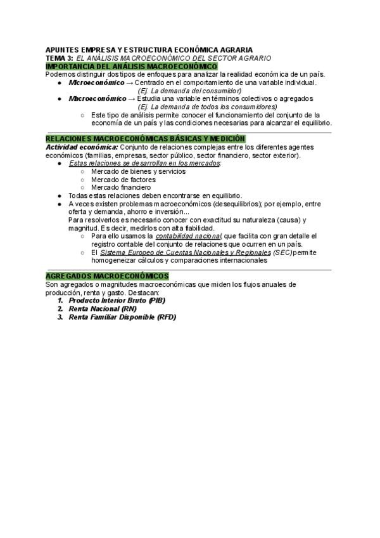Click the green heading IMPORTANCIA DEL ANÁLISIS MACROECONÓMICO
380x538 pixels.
coord(132,66)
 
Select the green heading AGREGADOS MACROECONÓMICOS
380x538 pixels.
coord(108,276)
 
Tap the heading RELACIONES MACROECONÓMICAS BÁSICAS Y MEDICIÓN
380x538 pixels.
coord(146,139)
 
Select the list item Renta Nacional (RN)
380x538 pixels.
coord(102,308)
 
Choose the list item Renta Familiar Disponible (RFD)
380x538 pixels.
coord(122,317)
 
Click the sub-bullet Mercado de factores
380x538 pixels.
coord(123,180)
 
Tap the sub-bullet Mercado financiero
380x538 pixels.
coord(121,188)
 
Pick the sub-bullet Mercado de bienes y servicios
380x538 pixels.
coord(138,171)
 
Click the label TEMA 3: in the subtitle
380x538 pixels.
coord(60,58)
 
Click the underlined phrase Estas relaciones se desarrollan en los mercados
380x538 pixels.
coord(144,163)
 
